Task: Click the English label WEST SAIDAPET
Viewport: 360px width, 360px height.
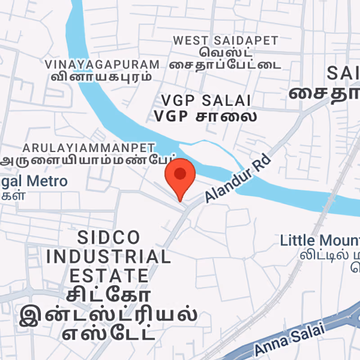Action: coord(226,40)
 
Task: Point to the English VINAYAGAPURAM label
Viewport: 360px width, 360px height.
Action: coord(102,64)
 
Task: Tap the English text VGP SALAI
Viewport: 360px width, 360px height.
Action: coord(206,100)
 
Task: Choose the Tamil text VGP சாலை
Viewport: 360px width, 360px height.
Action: coord(206,116)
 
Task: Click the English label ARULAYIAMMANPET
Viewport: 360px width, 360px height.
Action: coord(89,148)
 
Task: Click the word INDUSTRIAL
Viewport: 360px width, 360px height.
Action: coord(108,257)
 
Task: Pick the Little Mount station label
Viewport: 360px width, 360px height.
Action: coord(319,240)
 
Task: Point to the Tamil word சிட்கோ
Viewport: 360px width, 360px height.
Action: coord(108,295)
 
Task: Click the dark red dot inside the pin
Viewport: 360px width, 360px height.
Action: coord(180,173)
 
